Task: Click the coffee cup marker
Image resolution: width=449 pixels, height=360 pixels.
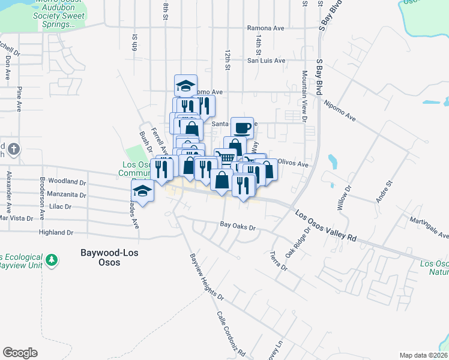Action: click(242, 128)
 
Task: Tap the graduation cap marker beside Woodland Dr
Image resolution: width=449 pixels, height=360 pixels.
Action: click(143, 191)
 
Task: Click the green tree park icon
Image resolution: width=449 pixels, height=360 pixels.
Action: click(52, 259)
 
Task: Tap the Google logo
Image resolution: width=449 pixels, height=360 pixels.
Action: click(20, 353)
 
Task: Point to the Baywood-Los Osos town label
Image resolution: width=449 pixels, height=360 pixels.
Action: click(109, 257)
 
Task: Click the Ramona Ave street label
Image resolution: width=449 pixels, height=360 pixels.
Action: click(265, 28)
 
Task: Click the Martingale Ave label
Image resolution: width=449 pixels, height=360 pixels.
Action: click(429, 228)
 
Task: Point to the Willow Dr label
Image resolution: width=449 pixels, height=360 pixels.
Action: click(343, 197)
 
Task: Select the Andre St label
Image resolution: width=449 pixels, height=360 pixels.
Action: click(384, 191)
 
